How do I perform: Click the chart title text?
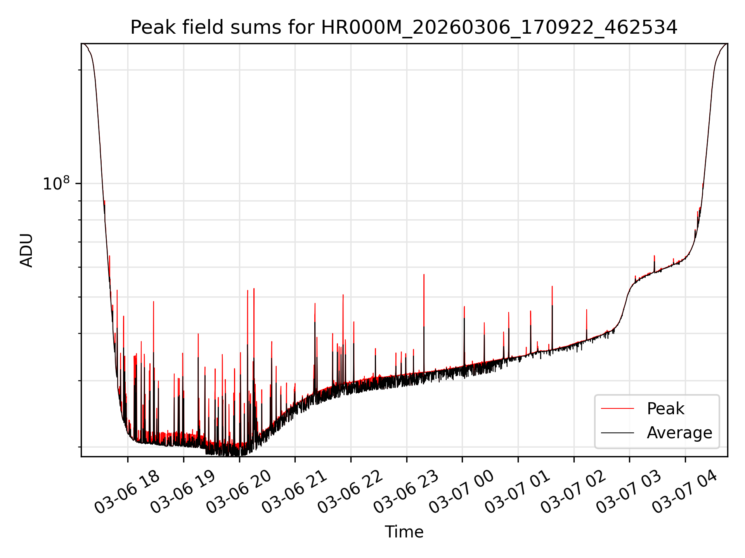pyautogui.click(x=404, y=28)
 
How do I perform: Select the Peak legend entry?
pyautogui.click(x=665, y=409)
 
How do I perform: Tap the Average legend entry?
pyautogui.click(x=679, y=433)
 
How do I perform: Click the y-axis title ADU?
pyautogui.click(x=26, y=250)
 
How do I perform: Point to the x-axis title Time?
pyautogui.click(x=404, y=532)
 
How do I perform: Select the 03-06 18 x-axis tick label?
pyautogui.click(x=127, y=493)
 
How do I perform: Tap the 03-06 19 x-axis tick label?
pyautogui.click(x=183, y=493)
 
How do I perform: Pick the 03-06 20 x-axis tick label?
pyautogui.click(x=239, y=493)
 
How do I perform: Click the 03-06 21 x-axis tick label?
pyautogui.click(x=295, y=493)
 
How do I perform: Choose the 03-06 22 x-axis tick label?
pyautogui.click(x=350, y=493)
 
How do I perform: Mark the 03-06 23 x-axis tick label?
pyautogui.click(x=406, y=493)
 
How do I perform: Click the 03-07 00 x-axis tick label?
pyautogui.click(x=462, y=493)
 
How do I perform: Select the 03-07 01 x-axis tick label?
pyautogui.click(x=518, y=493)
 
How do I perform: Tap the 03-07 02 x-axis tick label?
pyautogui.click(x=573, y=493)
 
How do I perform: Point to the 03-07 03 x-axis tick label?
pyautogui.click(x=629, y=493)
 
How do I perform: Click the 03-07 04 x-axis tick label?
pyautogui.click(x=685, y=493)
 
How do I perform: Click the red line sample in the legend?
pyautogui.click(x=617, y=409)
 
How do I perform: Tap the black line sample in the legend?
pyautogui.click(x=617, y=433)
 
